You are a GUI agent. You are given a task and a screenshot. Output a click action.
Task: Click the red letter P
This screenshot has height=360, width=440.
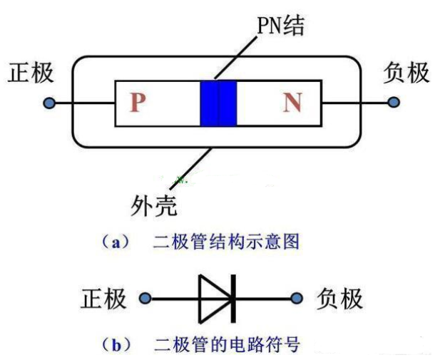pyautogui.click(x=138, y=103)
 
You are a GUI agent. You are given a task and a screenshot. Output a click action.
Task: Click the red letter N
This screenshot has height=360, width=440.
pyautogui.click(x=292, y=103)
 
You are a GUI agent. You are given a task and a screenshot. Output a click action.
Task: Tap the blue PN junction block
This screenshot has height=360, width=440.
pyautogui.click(x=218, y=103)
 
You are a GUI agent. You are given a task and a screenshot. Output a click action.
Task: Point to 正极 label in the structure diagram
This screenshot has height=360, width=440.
pyautogui.click(x=31, y=73)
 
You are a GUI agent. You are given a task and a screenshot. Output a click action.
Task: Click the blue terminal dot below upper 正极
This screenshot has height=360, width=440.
pyautogui.click(x=49, y=103)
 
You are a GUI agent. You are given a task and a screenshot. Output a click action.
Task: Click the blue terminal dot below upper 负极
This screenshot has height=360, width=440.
pyautogui.click(x=393, y=103)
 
